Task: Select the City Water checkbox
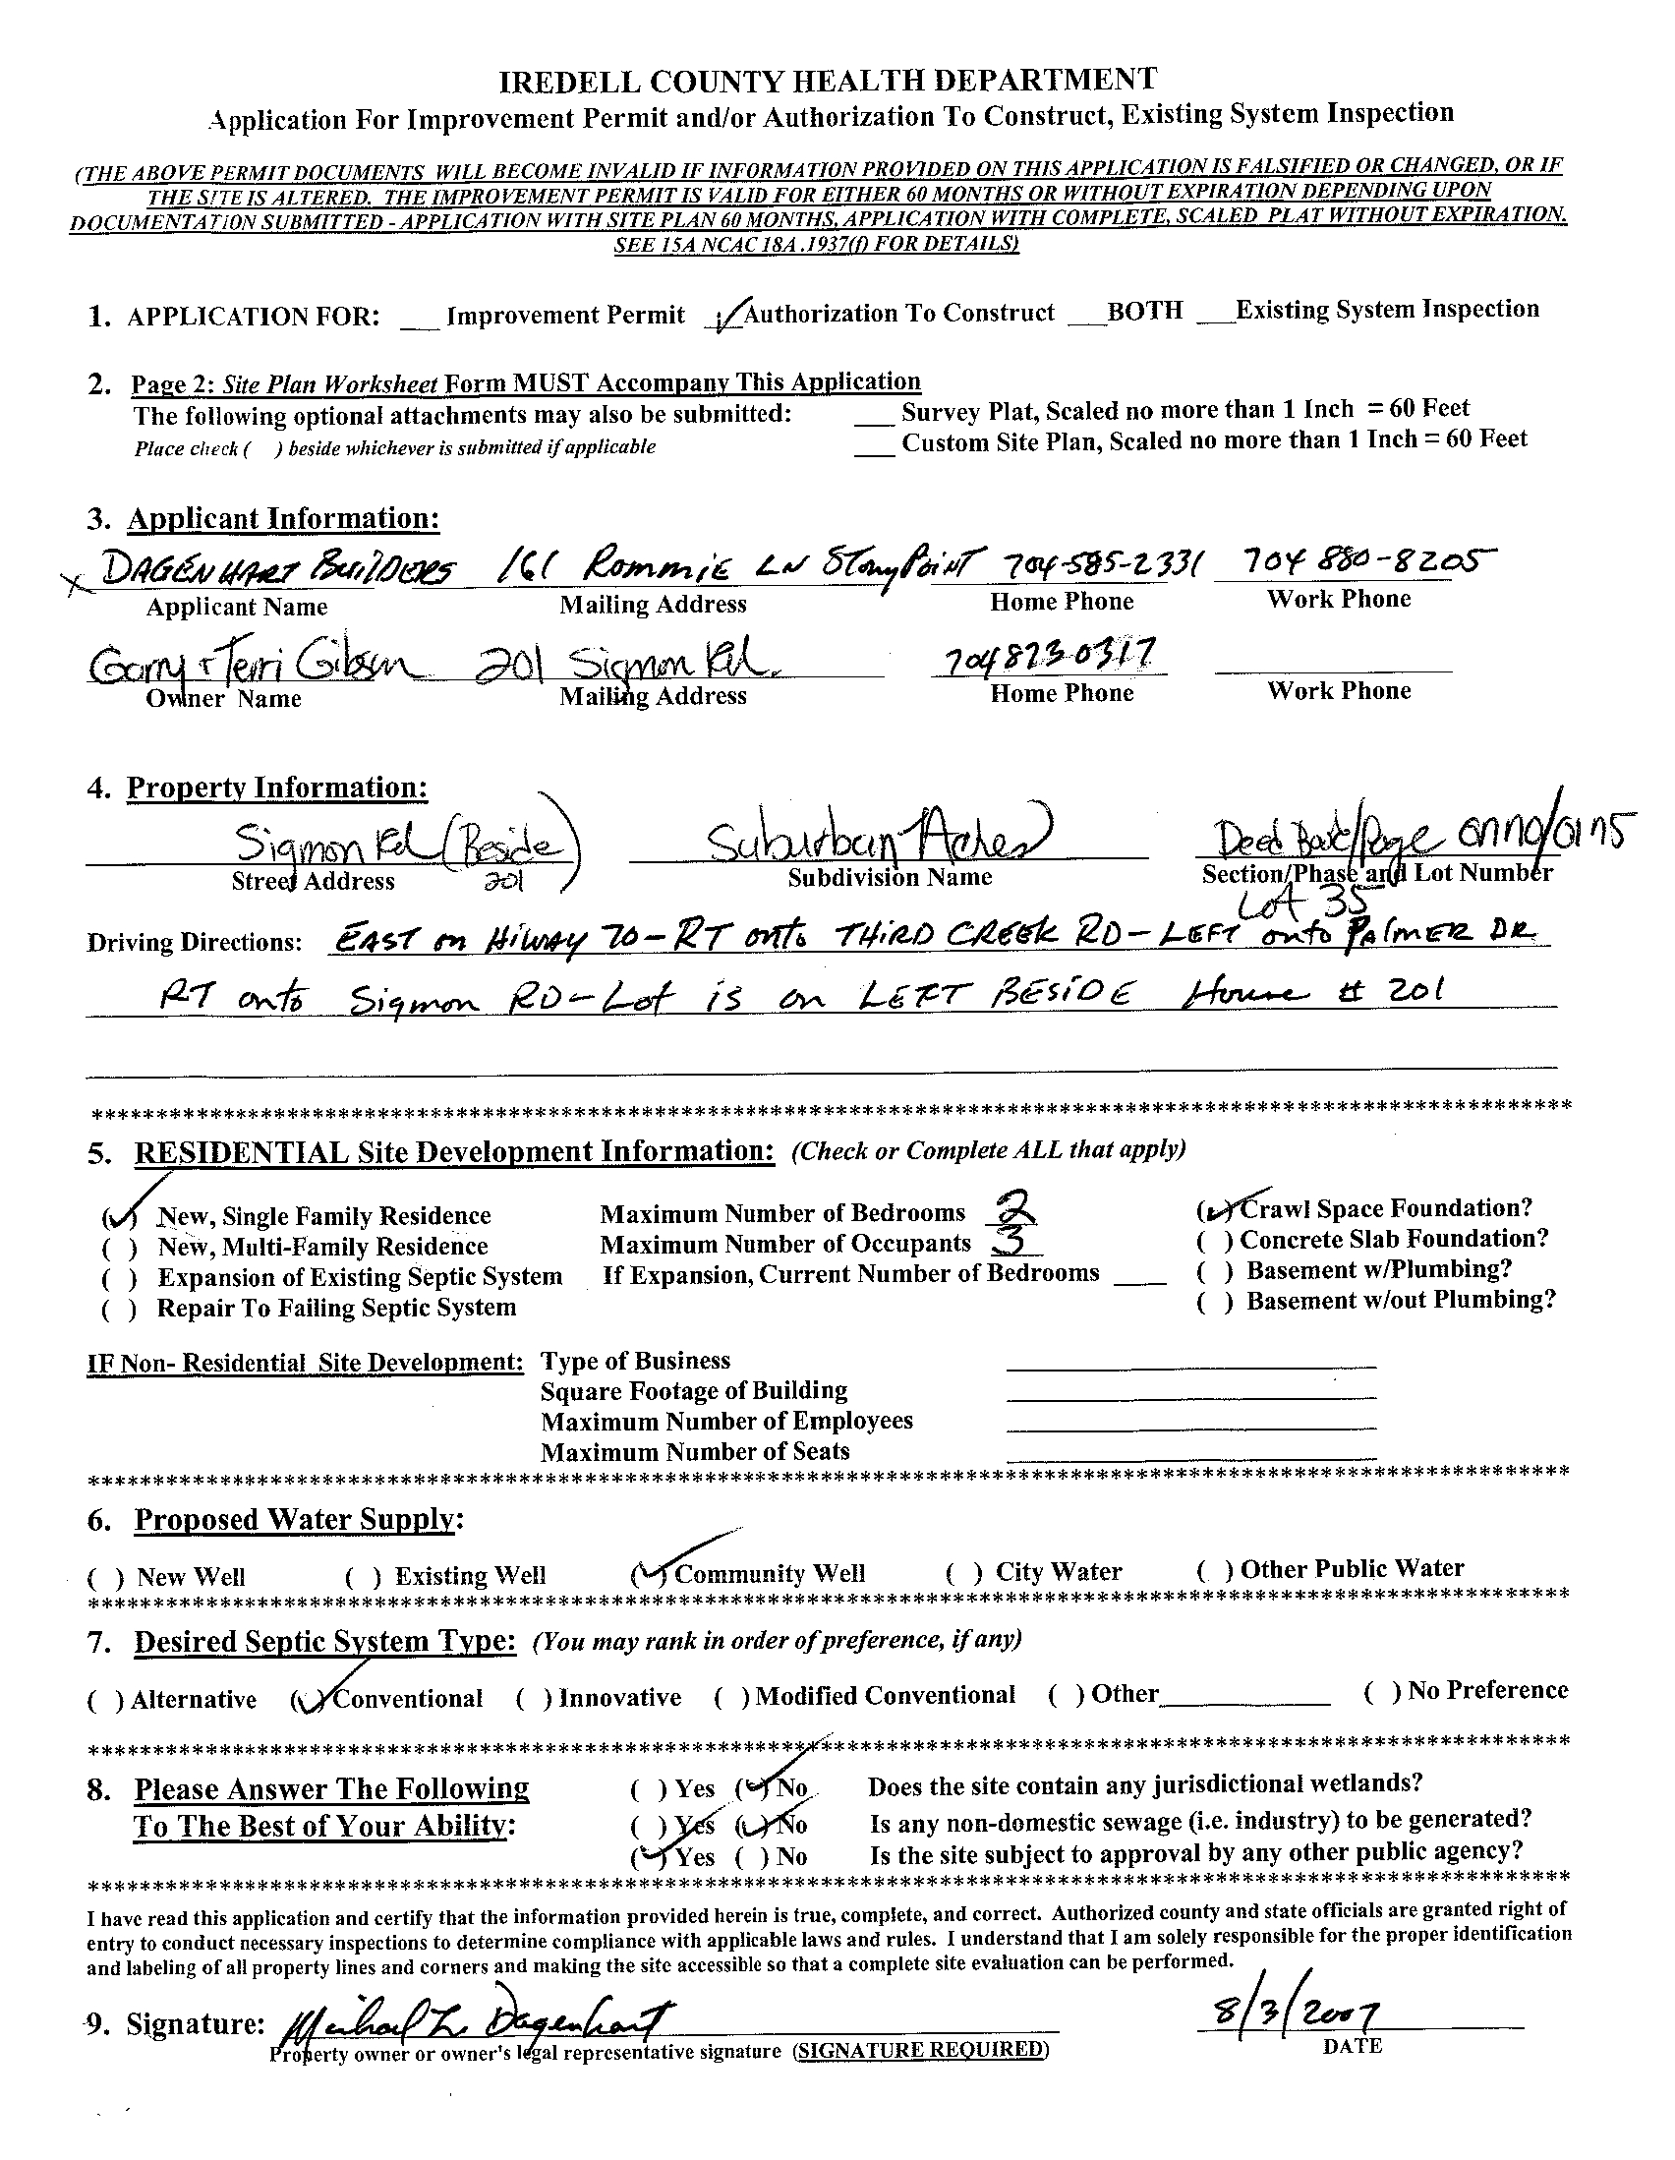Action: pos(964,1571)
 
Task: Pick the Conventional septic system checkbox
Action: pos(308,1699)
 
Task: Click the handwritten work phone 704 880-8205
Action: pos(1356,562)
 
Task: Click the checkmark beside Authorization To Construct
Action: pos(727,317)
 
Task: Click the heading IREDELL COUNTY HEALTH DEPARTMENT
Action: pos(827,80)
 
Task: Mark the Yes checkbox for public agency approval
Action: pos(648,1856)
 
